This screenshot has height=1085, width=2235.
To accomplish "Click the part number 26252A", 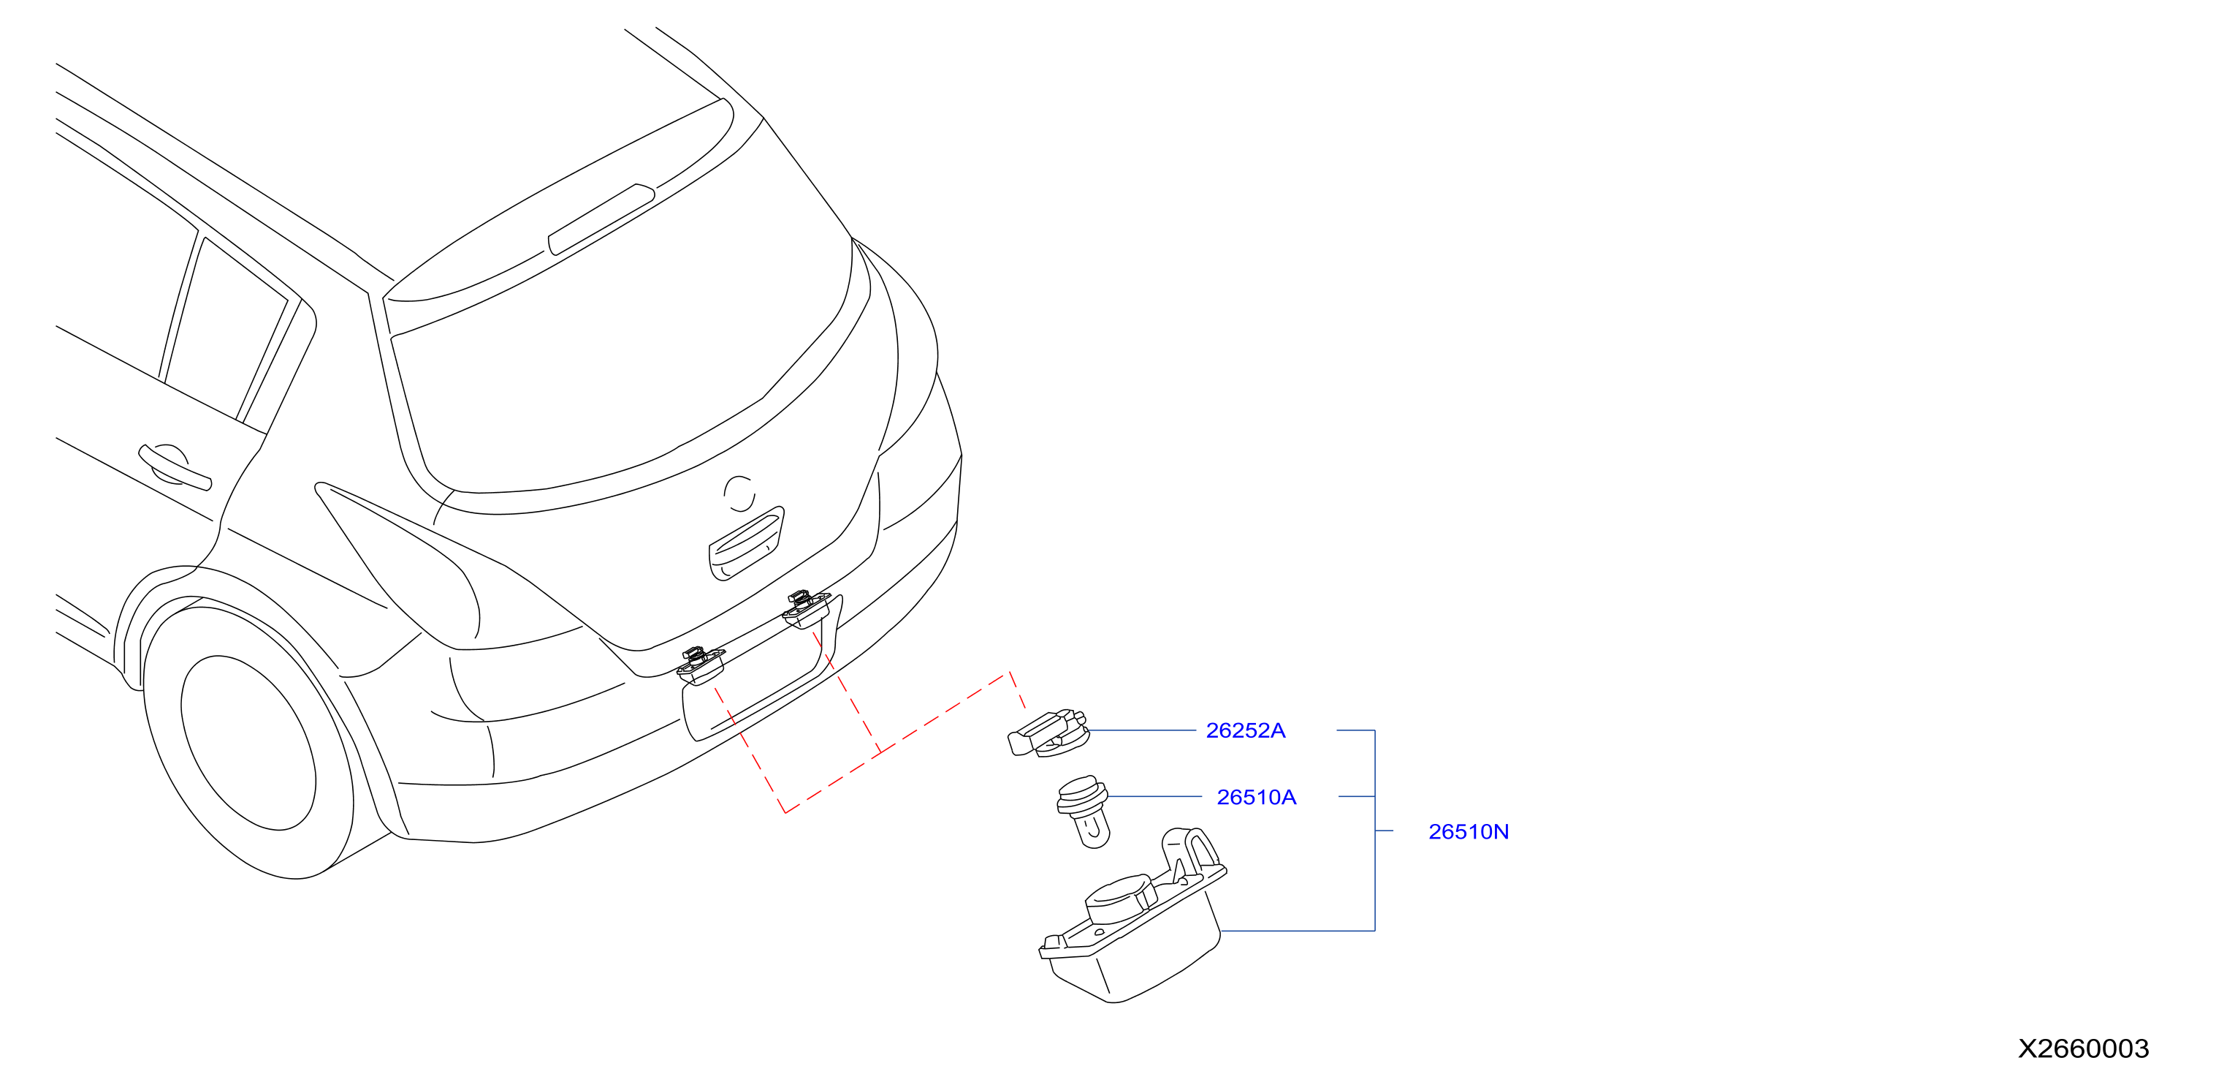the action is coord(1245,731).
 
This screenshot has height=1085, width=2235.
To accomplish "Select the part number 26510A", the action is coord(1257,797).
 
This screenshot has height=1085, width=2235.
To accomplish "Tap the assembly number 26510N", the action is coord(1468,831).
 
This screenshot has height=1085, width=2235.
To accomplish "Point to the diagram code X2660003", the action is coord(2083,1048).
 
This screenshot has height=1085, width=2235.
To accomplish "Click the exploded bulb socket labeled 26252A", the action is coord(1048,733).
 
